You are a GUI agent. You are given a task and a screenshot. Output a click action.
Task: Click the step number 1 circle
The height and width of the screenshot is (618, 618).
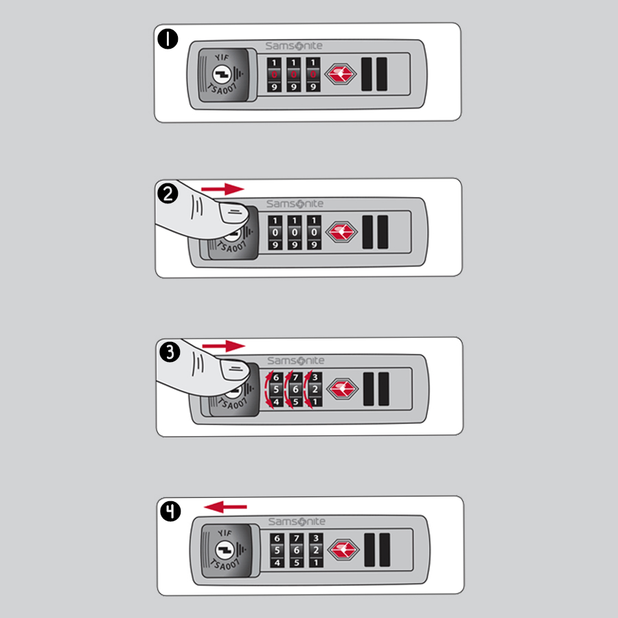pos(168,39)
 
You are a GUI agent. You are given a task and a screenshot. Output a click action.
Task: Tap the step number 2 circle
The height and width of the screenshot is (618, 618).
pos(168,194)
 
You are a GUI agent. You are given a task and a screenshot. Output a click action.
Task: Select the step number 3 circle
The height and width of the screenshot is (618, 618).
pos(170,352)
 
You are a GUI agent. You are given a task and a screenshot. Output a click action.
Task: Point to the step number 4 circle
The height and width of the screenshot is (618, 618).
pos(170,511)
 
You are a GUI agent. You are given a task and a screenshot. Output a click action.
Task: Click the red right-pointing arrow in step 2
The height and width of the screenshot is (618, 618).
pos(222,189)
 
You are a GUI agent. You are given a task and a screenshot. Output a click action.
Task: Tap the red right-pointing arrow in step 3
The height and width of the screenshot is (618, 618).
pos(223,346)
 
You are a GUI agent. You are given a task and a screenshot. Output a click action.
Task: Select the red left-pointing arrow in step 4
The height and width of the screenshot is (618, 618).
pos(225,507)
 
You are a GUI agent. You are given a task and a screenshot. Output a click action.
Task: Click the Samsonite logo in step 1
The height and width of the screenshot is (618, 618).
pos(294,46)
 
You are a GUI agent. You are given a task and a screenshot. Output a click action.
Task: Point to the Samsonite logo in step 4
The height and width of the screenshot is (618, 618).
pos(297,521)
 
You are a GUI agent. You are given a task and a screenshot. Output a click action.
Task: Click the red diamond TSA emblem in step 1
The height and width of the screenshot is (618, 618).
pos(341,73)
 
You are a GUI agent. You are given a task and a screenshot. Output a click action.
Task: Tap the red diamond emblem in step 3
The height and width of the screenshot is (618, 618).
pos(343,389)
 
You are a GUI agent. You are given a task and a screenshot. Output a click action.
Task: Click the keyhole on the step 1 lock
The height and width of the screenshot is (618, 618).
pos(222,74)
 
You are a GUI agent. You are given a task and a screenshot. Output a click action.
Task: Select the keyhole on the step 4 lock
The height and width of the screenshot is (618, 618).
pos(225,550)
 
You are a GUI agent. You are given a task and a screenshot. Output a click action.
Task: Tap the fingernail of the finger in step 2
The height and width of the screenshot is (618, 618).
pos(233,213)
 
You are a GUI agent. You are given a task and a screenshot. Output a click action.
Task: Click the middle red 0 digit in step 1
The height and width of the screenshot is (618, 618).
pos(293,74)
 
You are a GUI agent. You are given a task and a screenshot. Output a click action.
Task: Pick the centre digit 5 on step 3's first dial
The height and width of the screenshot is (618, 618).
pos(276,389)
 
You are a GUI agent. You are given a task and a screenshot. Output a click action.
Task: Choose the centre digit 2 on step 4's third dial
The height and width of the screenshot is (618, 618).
pos(316,550)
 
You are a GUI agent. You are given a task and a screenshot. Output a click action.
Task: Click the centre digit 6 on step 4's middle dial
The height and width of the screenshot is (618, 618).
pos(297,550)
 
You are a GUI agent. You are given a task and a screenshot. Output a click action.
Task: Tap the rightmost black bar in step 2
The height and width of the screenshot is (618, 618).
pos(382,232)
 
